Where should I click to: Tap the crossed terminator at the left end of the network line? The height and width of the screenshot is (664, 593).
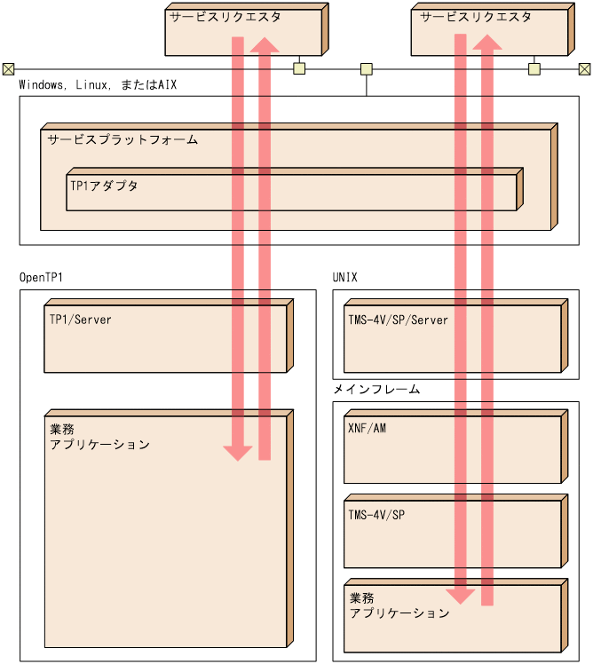pyautogui.click(x=8, y=69)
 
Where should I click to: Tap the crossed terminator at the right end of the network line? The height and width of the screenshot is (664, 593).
pyautogui.click(x=584, y=69)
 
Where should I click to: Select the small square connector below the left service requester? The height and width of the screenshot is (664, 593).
pyautogui.click(x=299, y=69)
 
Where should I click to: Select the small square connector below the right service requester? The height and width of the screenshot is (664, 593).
pyautogui.click(x=534, y=69)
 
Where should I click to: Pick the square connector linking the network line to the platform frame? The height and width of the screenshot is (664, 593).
pyautogui.click(x=366, y=69)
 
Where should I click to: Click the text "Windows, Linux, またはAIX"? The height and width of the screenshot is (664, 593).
pyautogui.click(x=99, y=84)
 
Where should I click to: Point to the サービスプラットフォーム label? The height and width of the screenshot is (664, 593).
pyautogui.click(x=123, y=140)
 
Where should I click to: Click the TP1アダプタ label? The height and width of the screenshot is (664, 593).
pyautogui.click(x=104, y=186)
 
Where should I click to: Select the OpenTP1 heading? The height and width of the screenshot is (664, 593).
pyautogui.click(x=41, y=277)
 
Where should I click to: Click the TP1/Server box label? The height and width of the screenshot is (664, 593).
pyautogui.click(x=81, y=319)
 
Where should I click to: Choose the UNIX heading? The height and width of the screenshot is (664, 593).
pyautogui.click(x=345, y=277)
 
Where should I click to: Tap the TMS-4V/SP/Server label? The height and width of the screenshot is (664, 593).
pyautogui.click(x=399, y=320)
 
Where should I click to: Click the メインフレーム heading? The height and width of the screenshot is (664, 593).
pyautogui.click(x=376, y=389)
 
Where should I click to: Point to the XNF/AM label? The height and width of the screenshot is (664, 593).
pyautogui.click(x=368, y=428)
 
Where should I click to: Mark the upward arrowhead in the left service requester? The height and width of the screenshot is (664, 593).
pyautogui.click(x=265, y=44)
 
